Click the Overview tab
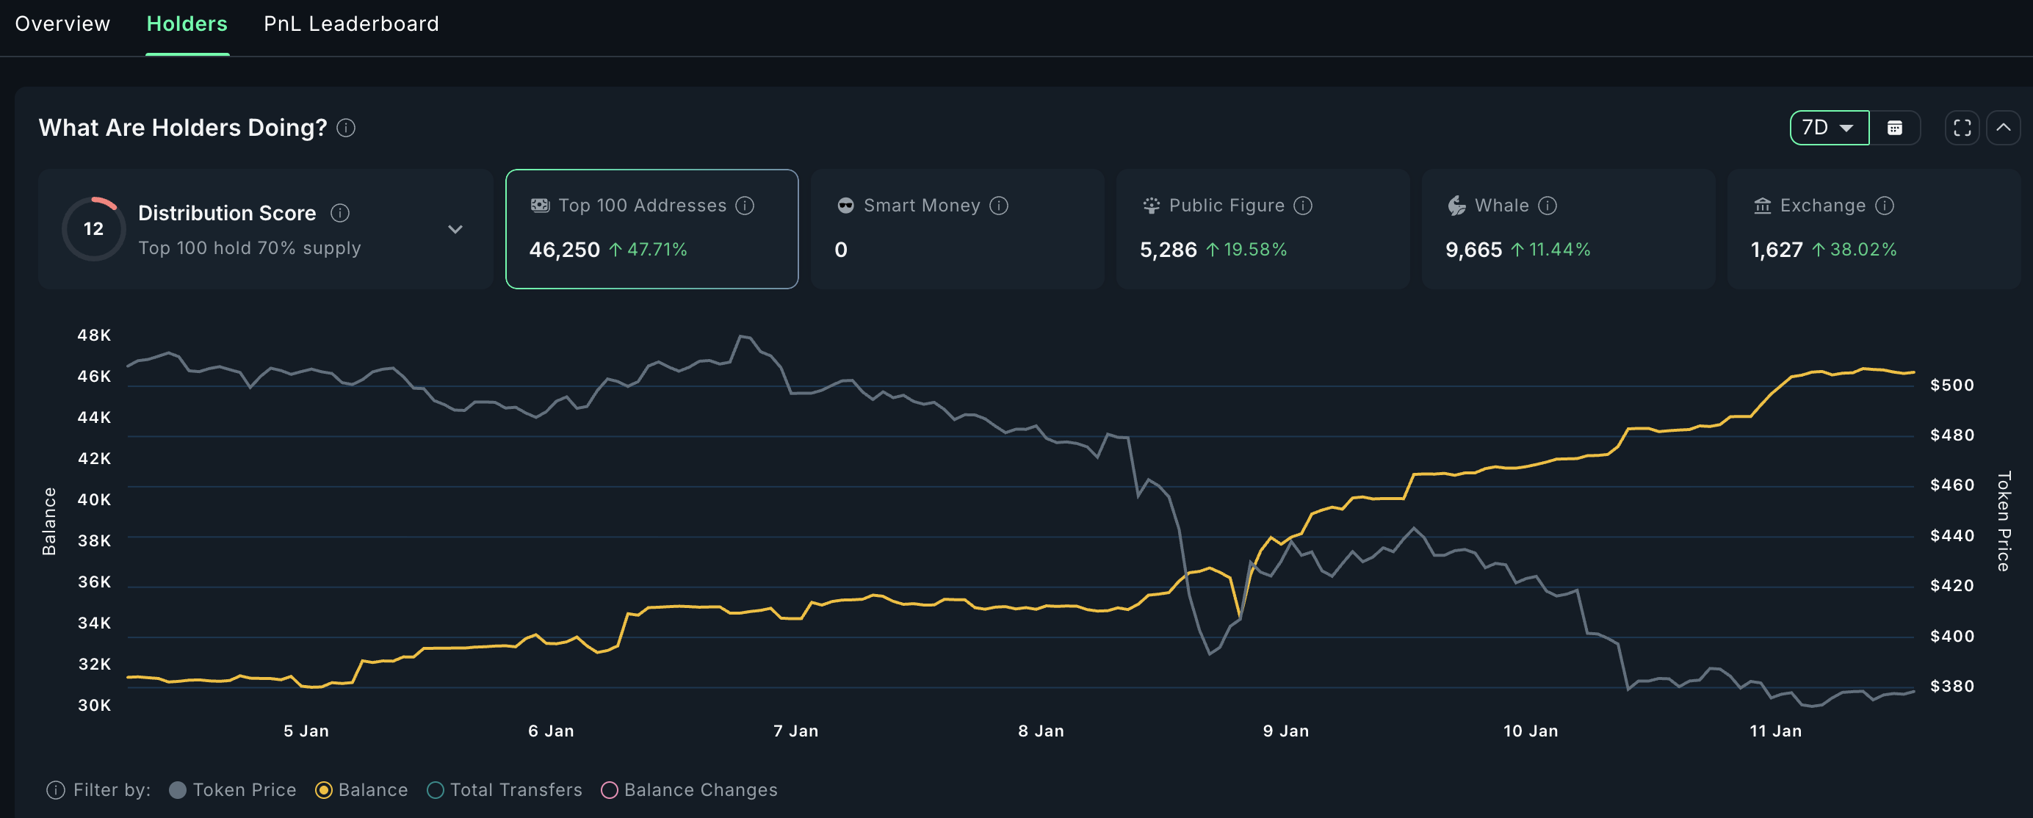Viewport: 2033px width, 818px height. [x=62, y=23]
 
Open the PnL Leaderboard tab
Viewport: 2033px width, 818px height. [x=350, y=23]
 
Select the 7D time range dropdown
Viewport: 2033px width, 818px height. [x=1828, y=128]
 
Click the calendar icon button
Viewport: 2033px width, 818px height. [x=1894, y=128]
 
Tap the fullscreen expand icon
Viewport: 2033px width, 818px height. [x=1962, y=128]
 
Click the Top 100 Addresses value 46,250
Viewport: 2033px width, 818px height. [x=564, y=250]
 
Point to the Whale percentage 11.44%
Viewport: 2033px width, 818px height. [x=1559, y=250]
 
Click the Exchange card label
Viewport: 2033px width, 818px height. [x=1822, y=206]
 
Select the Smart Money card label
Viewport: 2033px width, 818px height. [x=921, y=206]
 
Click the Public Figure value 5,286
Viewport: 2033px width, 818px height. [x=1168, y=250]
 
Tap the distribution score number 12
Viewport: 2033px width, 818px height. [x=93, y=229]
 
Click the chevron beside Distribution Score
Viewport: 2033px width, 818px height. [x=455, y=230]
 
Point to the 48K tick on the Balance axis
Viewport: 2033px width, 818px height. [x=94, y=336]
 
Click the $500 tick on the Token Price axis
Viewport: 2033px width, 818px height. [x=1951, y=385]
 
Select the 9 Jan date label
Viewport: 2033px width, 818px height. [x=1285, y=731]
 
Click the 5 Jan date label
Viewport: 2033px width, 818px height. [x=306, y=731]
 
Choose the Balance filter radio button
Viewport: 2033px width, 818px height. [x=324, y=790]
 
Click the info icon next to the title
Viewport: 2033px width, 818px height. [x=346, y=128]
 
